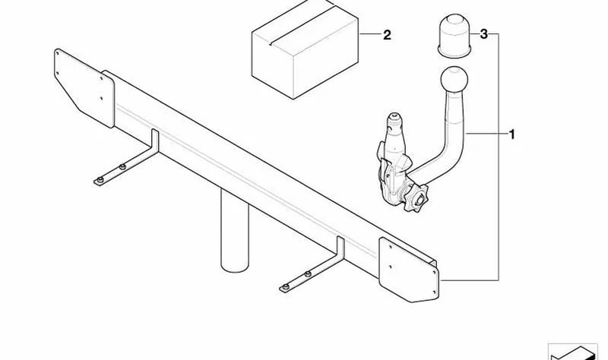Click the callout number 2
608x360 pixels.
pyautogui.click(x=387, y=35)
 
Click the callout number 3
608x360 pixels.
pyautogui.click(x=483, y=34)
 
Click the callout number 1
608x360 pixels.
pyautogui.click(x=511, y=134)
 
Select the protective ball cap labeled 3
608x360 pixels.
pyautogui.click(x=454, y=36)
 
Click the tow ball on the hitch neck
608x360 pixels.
pyautogui.click(x=454, y=81)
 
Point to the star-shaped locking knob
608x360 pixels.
pyautogui.click(x=416, y=198)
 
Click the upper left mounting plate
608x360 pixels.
pyautogui.click(x=84, y=87)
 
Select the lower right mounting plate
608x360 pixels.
pyautogui.click(x=409, y=270)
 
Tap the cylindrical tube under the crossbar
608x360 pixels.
pyautogui.click(x=234, y=232)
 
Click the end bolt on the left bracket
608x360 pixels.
pyautogui.click(x=100, y=180)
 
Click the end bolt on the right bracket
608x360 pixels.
pyautogui.click(x=286, y=287)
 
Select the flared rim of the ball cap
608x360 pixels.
pyautogui.click(x=454, y=52)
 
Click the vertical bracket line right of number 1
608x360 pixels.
pyautogui.click(x=499, y=157)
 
